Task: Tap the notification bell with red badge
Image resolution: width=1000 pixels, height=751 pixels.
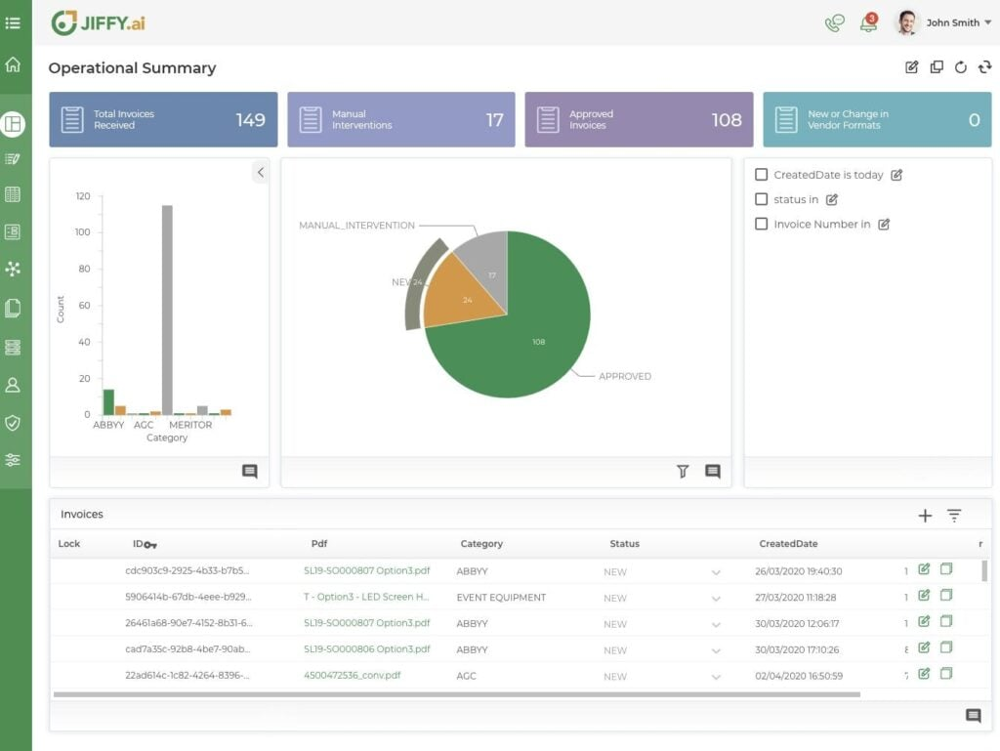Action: coord(868,23)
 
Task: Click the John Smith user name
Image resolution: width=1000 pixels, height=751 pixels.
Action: coord(952,22)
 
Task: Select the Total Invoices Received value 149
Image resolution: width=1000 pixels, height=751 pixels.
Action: coord(250,120)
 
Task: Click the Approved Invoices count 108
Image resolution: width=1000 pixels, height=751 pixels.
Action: coord(727,120)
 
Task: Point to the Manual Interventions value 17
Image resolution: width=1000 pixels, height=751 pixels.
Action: coord(494,120)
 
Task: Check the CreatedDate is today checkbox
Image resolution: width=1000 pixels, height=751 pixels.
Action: coord(762,175)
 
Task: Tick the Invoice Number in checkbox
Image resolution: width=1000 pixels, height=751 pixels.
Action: coord(762,224)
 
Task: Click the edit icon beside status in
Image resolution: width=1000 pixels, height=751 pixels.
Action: coord(832,199)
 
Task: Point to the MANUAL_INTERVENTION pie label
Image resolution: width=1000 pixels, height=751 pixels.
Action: coord(356,226)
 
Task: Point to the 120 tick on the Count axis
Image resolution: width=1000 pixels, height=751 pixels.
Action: coord(83,196)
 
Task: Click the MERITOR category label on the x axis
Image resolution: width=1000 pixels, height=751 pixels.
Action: coord(190,425)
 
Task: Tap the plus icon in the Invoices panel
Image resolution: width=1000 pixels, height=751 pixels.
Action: coord(925,516)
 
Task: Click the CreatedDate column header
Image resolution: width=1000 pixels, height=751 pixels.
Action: coord(788,544)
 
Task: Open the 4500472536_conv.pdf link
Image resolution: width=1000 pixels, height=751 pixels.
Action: coord(352,675)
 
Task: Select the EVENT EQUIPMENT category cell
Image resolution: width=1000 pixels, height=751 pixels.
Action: coord(501,597)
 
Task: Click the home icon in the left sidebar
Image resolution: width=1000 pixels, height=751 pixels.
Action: coord(13,65)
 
